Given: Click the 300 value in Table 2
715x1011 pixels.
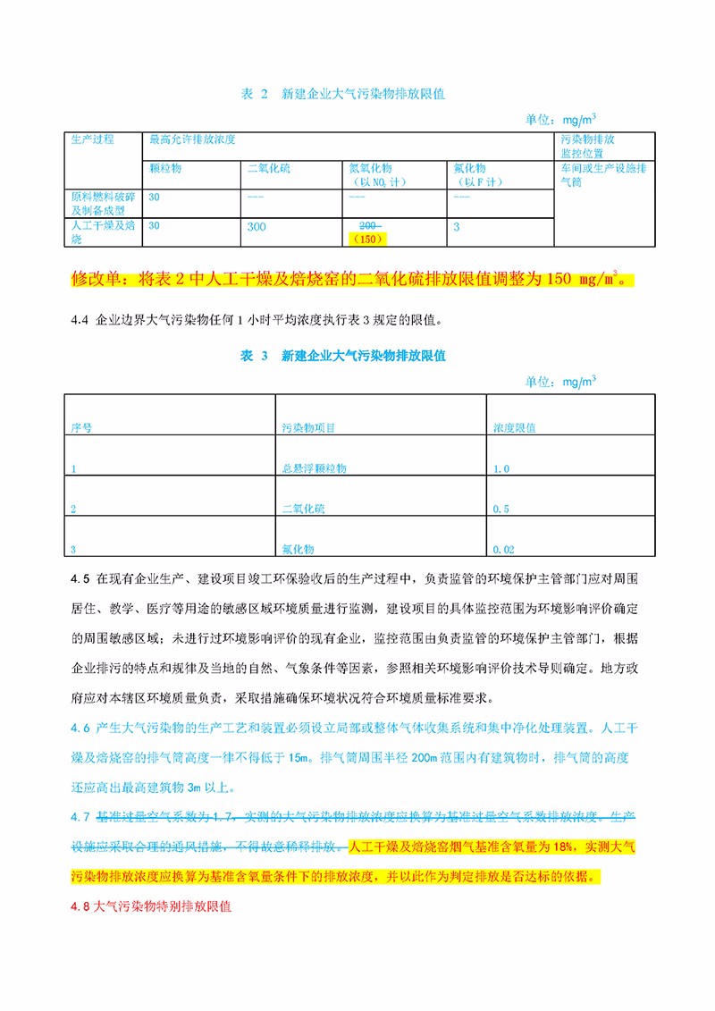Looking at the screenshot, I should (x=257, y=227).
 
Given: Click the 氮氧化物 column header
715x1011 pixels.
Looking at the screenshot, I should (x=370, y=168).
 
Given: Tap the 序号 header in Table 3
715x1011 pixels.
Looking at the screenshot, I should (x=81, y=428).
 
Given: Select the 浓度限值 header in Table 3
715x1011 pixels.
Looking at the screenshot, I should (x=515, y=428).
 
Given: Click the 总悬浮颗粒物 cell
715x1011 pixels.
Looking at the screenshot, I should (x=314, y=468).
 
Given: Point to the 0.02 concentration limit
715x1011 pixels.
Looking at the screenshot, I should (x=503, y=550).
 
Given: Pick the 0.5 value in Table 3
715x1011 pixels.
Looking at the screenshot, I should (x=500, y=509).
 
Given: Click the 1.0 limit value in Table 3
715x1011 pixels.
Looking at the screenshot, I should (x=500, y=468).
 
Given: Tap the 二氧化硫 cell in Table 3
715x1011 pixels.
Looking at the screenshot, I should (x=304, y=509).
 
